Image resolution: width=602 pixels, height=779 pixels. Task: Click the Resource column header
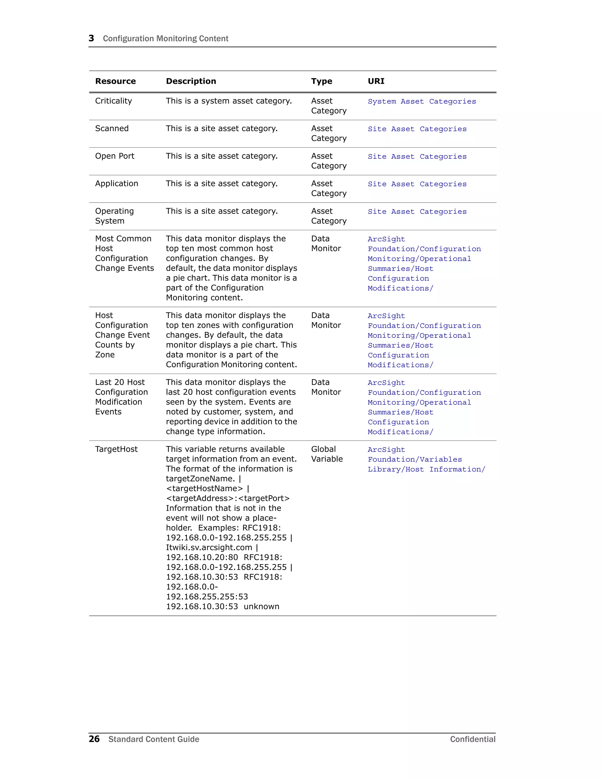[115, 81]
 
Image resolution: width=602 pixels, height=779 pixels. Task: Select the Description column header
[191, 81]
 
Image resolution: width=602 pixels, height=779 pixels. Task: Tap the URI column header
[376, 81]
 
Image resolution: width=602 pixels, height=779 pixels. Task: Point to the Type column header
[321, 81]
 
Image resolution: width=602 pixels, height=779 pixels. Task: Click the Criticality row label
[113, 101]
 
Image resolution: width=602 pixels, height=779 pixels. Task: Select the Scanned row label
[112, 128]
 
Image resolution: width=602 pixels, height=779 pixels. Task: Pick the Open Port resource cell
[114, 156]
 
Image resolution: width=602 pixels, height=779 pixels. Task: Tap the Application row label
[116, 183]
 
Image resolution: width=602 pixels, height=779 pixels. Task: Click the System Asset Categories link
[422, 101]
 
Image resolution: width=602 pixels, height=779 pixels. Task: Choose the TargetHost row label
[116, 449]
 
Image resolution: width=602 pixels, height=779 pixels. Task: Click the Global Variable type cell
[327, 454]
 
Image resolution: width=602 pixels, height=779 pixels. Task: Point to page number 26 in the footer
[94, 739]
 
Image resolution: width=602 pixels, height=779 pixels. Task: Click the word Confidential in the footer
[473, 739]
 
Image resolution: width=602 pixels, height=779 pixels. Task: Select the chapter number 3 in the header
[91, 38]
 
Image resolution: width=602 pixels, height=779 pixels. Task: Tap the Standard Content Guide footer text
[154, 739]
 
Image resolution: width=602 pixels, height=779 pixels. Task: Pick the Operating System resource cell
[114, 216]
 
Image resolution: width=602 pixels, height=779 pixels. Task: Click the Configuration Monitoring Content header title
[165, 39]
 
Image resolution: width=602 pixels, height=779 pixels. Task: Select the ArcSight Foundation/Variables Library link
[426, 459]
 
